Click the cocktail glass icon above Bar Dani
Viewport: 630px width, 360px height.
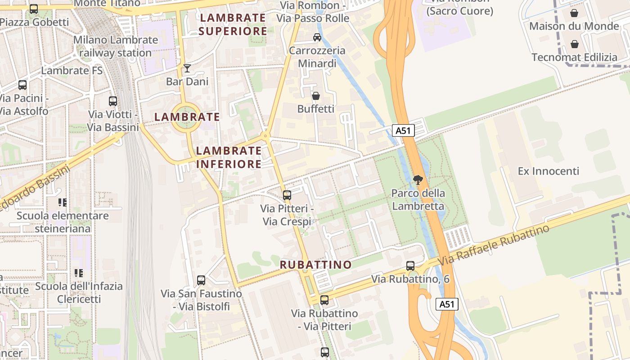click(187, 68)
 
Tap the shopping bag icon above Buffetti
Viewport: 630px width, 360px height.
click(316, 96)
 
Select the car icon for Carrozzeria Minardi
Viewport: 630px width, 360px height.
click(317, 37)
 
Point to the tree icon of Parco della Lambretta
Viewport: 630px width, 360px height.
click(418, 180)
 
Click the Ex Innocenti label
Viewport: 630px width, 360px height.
click(549, 171)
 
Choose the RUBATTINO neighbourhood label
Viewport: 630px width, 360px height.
click(316, 265)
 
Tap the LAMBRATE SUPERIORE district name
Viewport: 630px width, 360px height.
click(233, 24)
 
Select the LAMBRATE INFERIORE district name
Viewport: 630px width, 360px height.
click(229, 157)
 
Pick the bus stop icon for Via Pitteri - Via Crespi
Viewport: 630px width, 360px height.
click(287, 195)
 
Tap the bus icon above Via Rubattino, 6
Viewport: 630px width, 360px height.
click(410, 265)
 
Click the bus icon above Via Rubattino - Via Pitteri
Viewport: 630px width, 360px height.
click(324, 300)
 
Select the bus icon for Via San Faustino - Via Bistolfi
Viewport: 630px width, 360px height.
click(201, 280)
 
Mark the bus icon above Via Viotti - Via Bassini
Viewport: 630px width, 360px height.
click(113, 101)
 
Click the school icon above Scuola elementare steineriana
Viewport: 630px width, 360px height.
click(63, 202)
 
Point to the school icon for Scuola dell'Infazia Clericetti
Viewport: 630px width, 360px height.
click(79, 273)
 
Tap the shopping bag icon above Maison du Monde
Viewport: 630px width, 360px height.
click(574, 13)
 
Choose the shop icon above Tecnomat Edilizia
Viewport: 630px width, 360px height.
click(575, 44)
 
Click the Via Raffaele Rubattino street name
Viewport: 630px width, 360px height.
click(494, 245)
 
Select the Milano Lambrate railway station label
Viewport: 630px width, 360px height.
click(116, 46)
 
